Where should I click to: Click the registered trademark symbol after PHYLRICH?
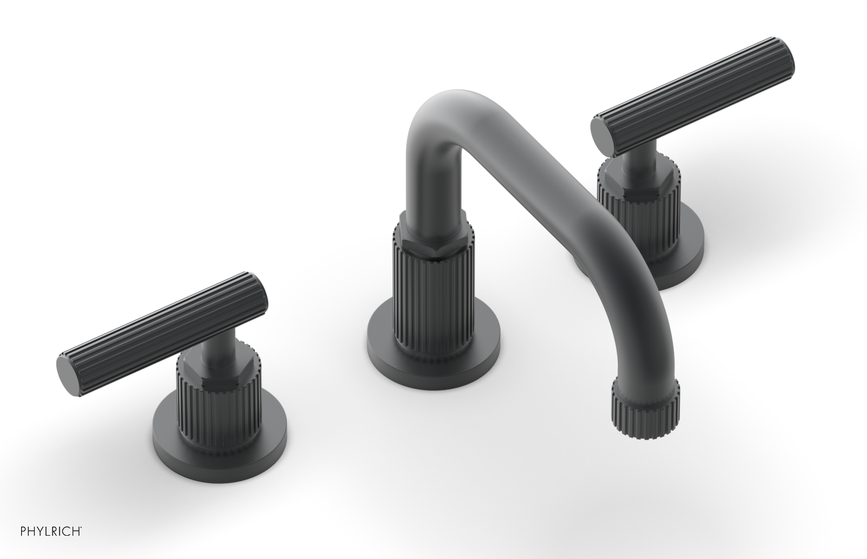coord(82,541)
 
